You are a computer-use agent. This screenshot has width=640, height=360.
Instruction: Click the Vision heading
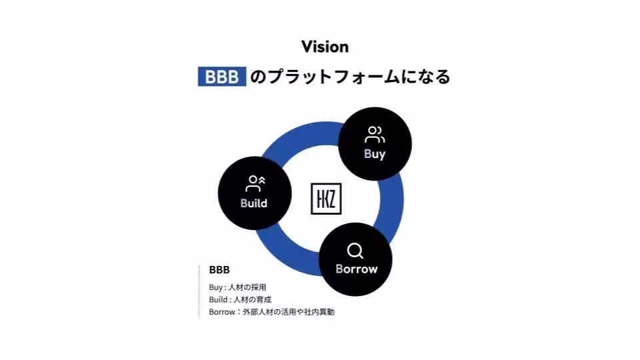coord(325,47)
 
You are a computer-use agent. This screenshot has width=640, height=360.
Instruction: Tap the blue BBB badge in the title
coord(222,76)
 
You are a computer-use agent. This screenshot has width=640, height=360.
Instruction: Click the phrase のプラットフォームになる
coord(350,77)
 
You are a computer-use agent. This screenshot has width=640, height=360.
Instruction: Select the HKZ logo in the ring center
coord(326,199)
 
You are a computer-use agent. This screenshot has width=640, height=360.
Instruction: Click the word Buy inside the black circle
coord(375,154)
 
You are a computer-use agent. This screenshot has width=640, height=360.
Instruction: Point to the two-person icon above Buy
coord(375,135)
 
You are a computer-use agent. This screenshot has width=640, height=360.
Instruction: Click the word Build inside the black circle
coord(254,203)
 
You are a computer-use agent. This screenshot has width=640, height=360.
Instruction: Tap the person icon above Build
coord(255,184)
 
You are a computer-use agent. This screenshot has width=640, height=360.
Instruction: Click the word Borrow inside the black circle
coord(357,269)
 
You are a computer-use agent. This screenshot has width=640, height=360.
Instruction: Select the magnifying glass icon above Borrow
coord(355,251)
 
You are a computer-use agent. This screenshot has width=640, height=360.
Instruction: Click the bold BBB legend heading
coord(219,270)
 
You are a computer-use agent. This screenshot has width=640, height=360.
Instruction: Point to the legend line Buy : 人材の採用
coord(237,287)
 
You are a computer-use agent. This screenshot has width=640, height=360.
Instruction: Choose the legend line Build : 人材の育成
coord(240,299)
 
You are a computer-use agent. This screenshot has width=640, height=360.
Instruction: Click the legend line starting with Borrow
coord(272,312)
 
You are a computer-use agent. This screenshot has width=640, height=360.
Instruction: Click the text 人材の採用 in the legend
coord(247,287)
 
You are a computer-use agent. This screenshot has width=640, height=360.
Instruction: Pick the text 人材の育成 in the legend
coord(252,299)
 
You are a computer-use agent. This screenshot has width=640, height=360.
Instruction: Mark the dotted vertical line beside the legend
coord(199,292)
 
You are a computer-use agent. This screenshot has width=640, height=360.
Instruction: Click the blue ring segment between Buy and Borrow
coord(391,202)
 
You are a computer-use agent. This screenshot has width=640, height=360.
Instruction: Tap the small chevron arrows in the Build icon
coord(261,179)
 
